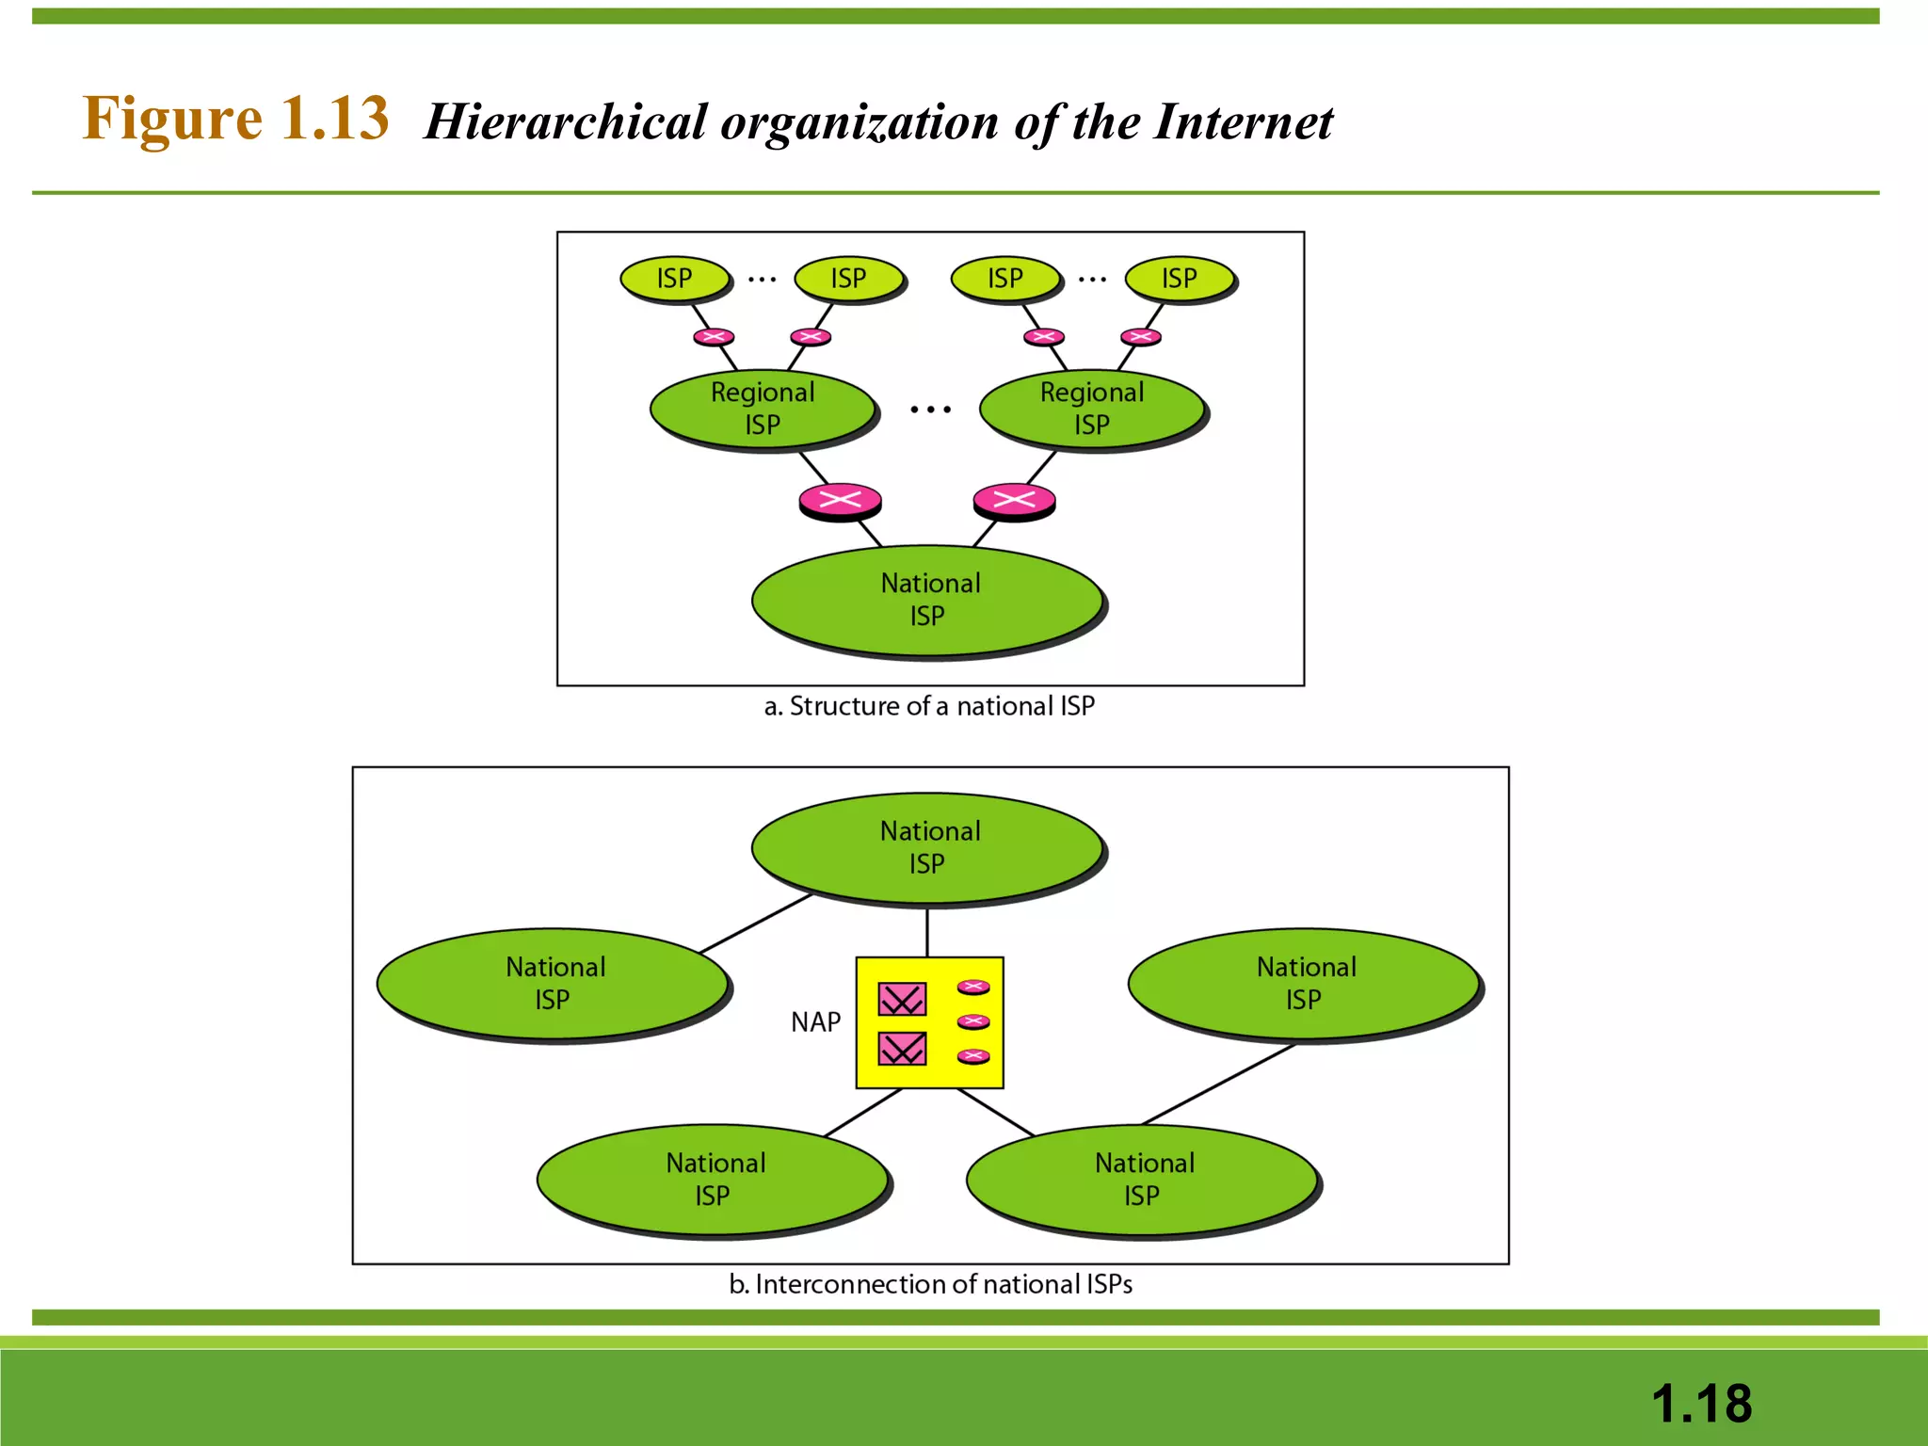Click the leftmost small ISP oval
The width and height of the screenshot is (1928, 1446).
pos(674,279)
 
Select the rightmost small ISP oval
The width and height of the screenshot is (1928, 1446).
pos(1179,279)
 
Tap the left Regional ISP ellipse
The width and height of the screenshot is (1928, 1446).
pos(763,409)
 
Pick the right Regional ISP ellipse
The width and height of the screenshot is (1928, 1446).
pos(1092,409)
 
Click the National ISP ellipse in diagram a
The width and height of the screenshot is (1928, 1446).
pos(928,600)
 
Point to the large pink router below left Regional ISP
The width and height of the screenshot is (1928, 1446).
pos(840,500)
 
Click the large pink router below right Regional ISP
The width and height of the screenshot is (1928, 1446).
pos(1014,500)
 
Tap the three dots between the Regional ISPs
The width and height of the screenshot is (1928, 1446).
pos(930,410)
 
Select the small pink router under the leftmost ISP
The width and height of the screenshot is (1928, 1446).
pos(714,337)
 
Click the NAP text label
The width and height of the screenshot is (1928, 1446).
pos(815,1022)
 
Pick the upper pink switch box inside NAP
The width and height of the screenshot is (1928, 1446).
pos(902,999)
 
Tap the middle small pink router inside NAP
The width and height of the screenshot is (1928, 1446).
pos(973,1021)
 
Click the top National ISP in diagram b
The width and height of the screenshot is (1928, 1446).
pos(928,847)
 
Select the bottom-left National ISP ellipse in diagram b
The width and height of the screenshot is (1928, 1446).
pos(714,1179)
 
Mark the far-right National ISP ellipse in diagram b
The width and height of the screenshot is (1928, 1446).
pos(1305,983)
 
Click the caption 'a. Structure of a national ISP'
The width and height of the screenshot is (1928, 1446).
pos(929,706)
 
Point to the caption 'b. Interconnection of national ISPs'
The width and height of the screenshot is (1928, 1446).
pos(930,1284)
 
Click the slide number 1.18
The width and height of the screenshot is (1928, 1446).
pos(1701,1404)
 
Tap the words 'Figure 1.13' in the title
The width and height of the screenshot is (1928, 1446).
pos(235,120)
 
